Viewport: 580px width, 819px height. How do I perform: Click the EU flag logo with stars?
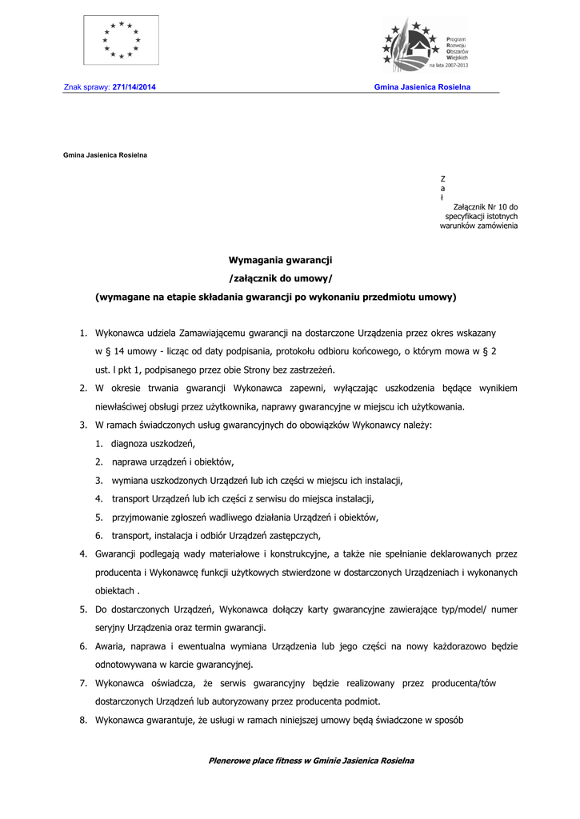[x=121, y=40]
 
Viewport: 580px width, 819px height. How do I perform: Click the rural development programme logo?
[x=425, y=45]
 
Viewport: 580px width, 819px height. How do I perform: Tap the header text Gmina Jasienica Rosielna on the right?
[x=422, y=86]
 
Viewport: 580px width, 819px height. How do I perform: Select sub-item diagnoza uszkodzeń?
[x=154, y=443]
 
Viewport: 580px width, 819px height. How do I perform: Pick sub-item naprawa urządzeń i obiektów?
[x=173, y=461]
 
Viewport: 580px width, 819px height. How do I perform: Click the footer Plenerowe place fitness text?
[x=311, y=761]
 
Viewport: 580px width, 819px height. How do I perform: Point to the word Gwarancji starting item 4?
[x=114, y=553]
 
